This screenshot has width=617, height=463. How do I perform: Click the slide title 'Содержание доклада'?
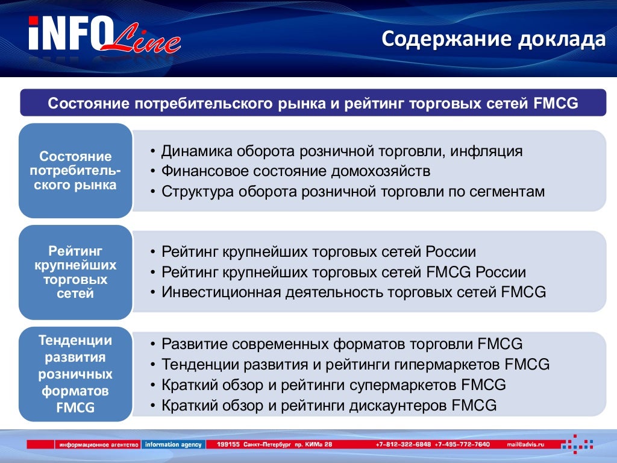pos(493,40)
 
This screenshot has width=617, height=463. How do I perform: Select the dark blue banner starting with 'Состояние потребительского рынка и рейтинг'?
pos(313,103)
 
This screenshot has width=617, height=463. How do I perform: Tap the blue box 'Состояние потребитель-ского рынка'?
pos(75,171)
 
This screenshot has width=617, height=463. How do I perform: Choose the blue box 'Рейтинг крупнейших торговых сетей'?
pos(75,272)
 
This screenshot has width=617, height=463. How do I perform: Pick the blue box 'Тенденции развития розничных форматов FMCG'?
pos(75,374)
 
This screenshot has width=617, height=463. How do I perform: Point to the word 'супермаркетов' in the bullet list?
pos(413,385)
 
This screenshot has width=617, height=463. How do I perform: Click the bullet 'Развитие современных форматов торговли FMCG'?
pos(342,344)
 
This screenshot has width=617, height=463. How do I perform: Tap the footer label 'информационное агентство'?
pos(98,445)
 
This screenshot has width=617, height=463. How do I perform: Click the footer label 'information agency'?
pos(171,445)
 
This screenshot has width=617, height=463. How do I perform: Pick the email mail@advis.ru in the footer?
pos(525,445)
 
